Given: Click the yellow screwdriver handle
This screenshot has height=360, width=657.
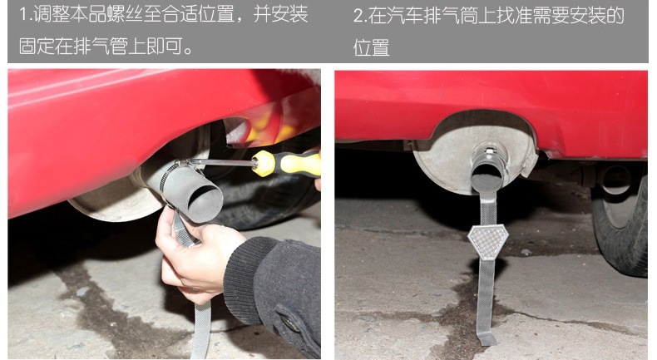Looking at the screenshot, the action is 286,163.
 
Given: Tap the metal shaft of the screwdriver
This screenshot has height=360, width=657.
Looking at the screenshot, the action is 220,162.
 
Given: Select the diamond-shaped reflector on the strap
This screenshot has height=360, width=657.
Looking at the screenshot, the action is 487,242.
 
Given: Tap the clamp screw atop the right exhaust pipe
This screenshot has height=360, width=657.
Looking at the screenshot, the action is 488,150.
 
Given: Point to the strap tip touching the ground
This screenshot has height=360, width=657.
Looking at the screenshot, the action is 486,338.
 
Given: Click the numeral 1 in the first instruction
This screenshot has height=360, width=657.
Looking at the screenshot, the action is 23,15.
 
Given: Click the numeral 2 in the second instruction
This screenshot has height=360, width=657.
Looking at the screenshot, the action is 358,17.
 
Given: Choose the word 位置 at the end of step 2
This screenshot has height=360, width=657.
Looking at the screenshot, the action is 371,47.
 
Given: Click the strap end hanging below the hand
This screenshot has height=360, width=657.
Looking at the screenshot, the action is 201,330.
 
